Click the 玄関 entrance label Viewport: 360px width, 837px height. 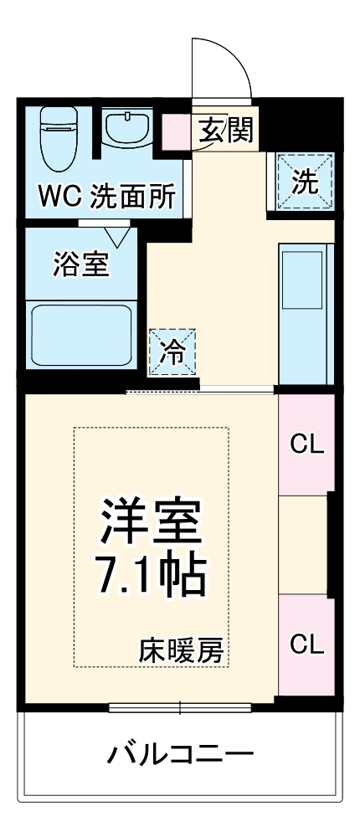(227, 131)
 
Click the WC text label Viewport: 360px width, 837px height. (61, 201)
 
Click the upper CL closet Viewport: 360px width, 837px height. (306, 444)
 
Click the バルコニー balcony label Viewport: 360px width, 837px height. (179, 757)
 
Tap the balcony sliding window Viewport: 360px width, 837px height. (180, 707)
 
